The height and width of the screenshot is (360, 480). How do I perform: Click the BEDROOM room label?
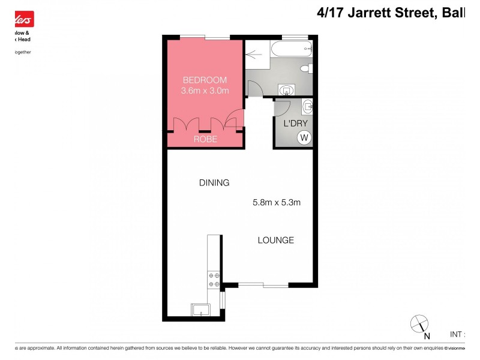click(x=205, y=80)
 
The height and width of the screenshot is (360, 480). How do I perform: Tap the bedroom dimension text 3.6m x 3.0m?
click(x=205, y=91)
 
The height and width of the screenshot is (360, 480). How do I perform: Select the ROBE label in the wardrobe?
click(x=205, y=139)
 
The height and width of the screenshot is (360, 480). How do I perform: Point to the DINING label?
click(x=214, y=183)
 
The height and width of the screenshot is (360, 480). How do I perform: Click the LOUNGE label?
click(x=275, y=240)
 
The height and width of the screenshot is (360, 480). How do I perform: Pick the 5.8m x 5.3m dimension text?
click(x=276, y=202)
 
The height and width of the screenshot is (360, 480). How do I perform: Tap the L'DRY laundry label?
click(x=295, y=124)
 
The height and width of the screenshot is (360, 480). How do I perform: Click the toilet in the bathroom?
click(x=306, y=69)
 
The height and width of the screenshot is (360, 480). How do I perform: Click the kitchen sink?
click(x=200, y=310)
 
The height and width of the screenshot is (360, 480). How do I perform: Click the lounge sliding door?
click(x=263, y=284)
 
